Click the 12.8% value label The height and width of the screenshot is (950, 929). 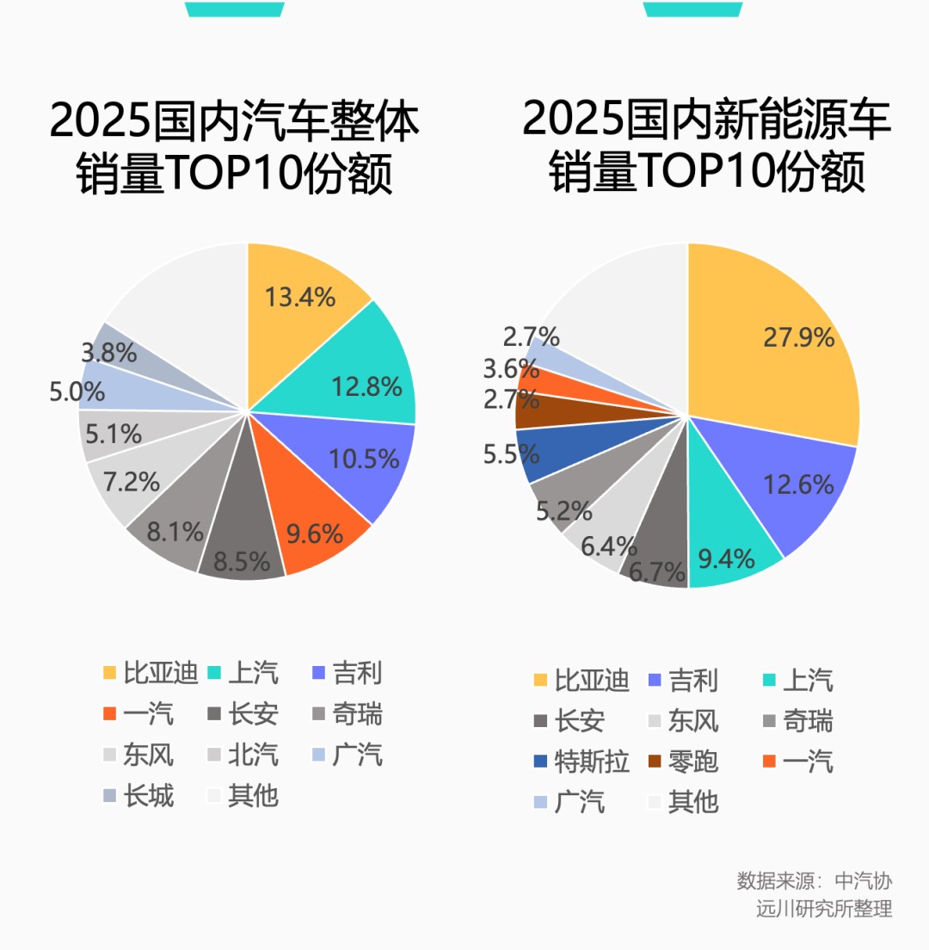[x=366, y=386]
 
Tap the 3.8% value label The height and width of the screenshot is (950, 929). [x=108, y=352]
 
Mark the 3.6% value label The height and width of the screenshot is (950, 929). [x=510, y=368]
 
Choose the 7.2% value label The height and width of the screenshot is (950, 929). [x=131, y=482]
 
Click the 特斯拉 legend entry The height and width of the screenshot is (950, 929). [x=581, y=762]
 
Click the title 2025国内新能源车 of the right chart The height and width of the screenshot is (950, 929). [x=707, y=119]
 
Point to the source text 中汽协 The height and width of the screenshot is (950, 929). [x=864, y=881]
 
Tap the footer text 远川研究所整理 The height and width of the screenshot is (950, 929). [x=824, y=909]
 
